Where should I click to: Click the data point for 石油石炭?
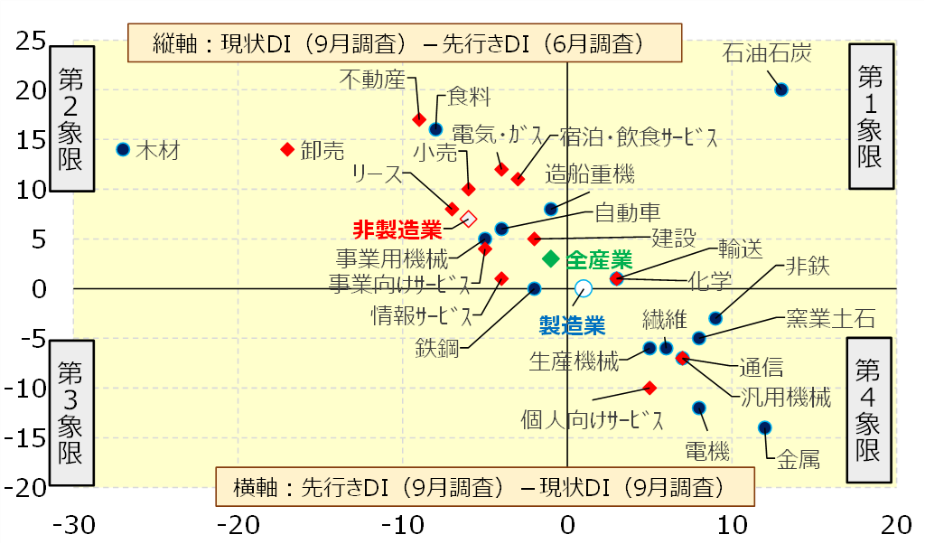[x=781, y=89]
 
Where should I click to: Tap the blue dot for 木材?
[x=124, y=149]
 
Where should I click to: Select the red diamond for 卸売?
[x=287, y=149]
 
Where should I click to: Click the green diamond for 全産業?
[x=550, y=259]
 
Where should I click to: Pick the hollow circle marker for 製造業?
[x=584, y=288]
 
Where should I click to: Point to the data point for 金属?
[x=765, y=427]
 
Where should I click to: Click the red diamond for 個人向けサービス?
[x=649, y=387]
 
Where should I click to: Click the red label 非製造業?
[x=397, y=227]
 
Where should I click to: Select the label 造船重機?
[x=590, y=173]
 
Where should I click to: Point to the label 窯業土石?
[x=830, y=318]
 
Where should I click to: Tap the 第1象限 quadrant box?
[x=870, y=116]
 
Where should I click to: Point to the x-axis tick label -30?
[x=74, y=525]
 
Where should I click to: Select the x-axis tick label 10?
[x=732, y=525]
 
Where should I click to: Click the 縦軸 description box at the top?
[x=404, y=43]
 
